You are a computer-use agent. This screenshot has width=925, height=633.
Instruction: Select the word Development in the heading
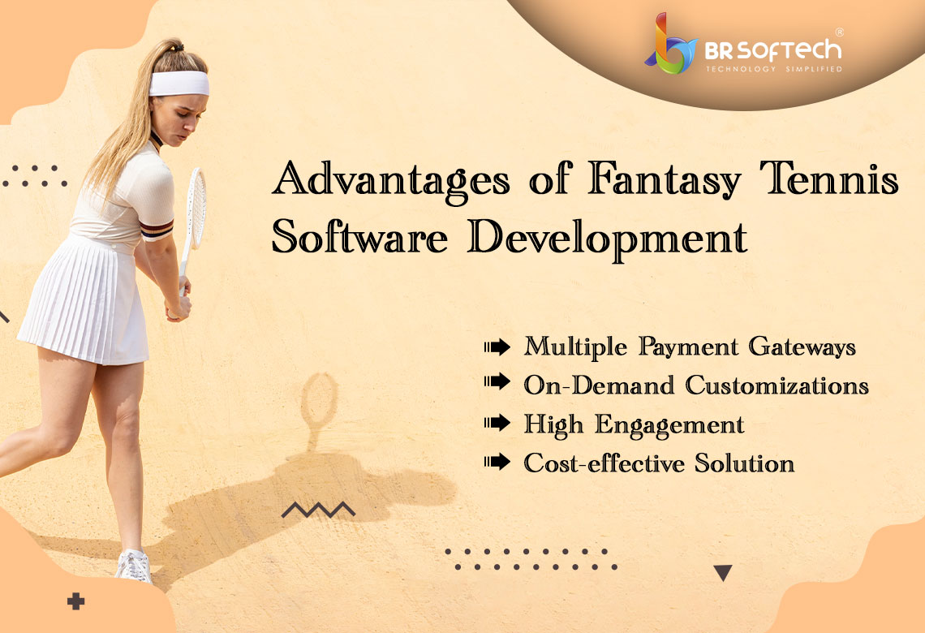(x=608, y=239)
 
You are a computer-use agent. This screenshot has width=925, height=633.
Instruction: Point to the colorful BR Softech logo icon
(x=671, y=45)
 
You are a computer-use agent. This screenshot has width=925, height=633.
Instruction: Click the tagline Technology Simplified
(x=774, y=69)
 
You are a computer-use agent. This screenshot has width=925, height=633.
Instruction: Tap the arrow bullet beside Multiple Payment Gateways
(x=497, y=347)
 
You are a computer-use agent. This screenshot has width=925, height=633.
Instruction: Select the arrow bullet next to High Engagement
(x=497, y=423)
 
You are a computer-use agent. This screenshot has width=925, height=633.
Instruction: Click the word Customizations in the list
(x=777, y=385)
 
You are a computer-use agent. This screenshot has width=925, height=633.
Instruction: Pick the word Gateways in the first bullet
(x=802, y=347)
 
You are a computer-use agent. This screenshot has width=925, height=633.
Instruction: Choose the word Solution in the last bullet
(x=745, y=463)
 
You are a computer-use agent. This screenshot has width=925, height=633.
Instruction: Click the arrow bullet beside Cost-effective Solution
(x=497, y=462)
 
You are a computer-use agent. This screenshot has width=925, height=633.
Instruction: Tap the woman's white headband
(x=179, y=83)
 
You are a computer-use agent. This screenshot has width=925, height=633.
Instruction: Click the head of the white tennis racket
(x=196, y=208)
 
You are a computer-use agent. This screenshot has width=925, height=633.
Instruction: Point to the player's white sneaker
(x=134, y=566)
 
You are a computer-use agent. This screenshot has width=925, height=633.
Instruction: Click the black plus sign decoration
(x=75, y=601)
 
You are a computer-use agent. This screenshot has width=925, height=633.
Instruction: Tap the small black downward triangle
(x=723, y=572)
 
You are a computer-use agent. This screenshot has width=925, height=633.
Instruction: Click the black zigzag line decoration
(x=319, y=510)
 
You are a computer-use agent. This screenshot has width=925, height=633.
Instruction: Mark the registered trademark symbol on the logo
(x=840, y=32)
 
